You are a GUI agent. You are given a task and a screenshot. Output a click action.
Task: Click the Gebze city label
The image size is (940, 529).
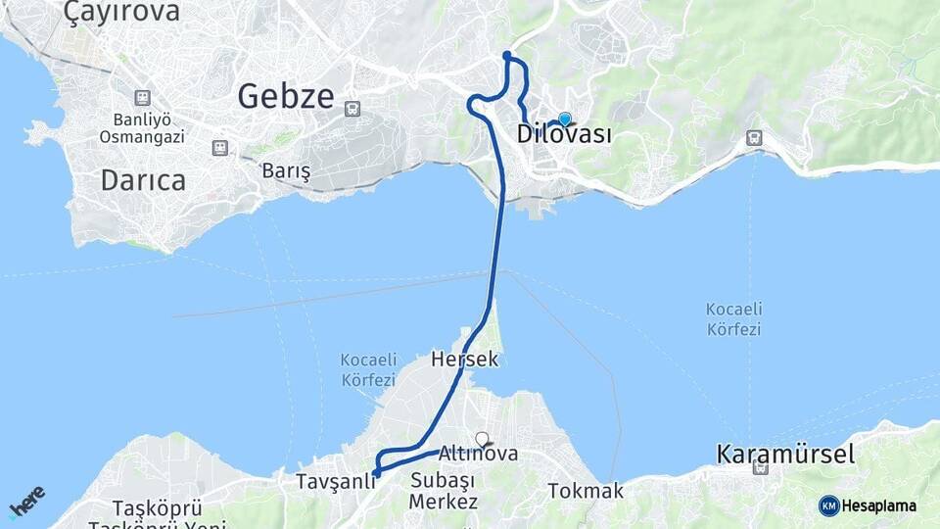click(285, 96)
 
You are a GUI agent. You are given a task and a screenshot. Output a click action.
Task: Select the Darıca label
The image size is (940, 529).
click(143, 180)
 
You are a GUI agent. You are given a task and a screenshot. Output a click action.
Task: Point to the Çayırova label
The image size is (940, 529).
click(121, 13)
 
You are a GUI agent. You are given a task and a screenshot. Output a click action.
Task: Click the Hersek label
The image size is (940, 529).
click(464, 360)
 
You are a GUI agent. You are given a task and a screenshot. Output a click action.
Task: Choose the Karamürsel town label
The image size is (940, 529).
click(785, 455)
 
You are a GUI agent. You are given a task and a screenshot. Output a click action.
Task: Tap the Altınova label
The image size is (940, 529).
click(478, 455)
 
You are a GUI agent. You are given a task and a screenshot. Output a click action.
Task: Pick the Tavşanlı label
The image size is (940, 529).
click(336, 482)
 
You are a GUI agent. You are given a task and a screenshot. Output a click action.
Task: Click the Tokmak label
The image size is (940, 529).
click(586, 491)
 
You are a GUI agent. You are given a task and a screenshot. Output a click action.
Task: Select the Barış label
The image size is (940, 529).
click(286, 171)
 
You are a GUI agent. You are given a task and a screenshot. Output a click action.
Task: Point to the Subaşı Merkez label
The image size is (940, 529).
click(444, 491)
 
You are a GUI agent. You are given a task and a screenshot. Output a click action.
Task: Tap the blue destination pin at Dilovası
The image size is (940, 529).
click(564, 120)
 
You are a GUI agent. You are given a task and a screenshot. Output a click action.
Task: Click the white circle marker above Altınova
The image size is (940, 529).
click(482, 439)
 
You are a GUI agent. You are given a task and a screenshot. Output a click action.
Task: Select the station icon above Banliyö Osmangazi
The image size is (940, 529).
click(143, 98)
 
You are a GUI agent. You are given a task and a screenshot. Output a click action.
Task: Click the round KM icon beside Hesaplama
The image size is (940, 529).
click(828, 505)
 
